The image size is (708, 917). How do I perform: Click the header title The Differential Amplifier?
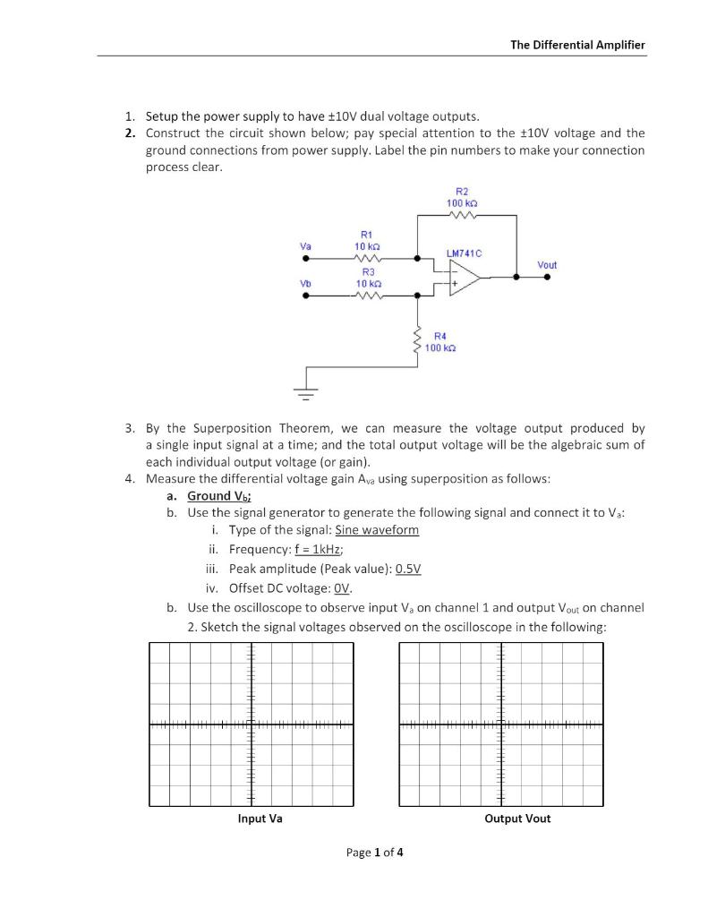pos(577,45)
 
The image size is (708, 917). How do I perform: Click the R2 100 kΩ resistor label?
pos(462,198)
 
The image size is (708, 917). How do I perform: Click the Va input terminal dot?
pos(307,258)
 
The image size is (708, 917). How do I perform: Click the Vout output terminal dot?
pos(547,278)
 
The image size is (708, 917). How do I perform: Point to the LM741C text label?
pos(464,254)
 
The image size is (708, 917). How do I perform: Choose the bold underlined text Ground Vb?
pos(218,495)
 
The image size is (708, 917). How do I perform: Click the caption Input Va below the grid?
pos(260,818)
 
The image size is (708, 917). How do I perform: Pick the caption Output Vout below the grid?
pos(517,818)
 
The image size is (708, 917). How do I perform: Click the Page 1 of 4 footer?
pos(374,853)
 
